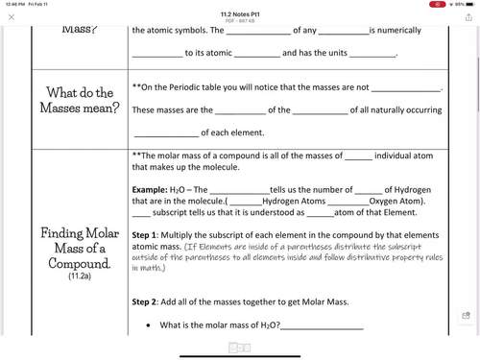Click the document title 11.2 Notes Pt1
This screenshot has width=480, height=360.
point(240,13)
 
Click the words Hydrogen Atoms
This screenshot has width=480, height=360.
point(297,201)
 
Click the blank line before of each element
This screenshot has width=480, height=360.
point(165,132)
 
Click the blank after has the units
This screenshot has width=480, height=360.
point(369,54)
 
